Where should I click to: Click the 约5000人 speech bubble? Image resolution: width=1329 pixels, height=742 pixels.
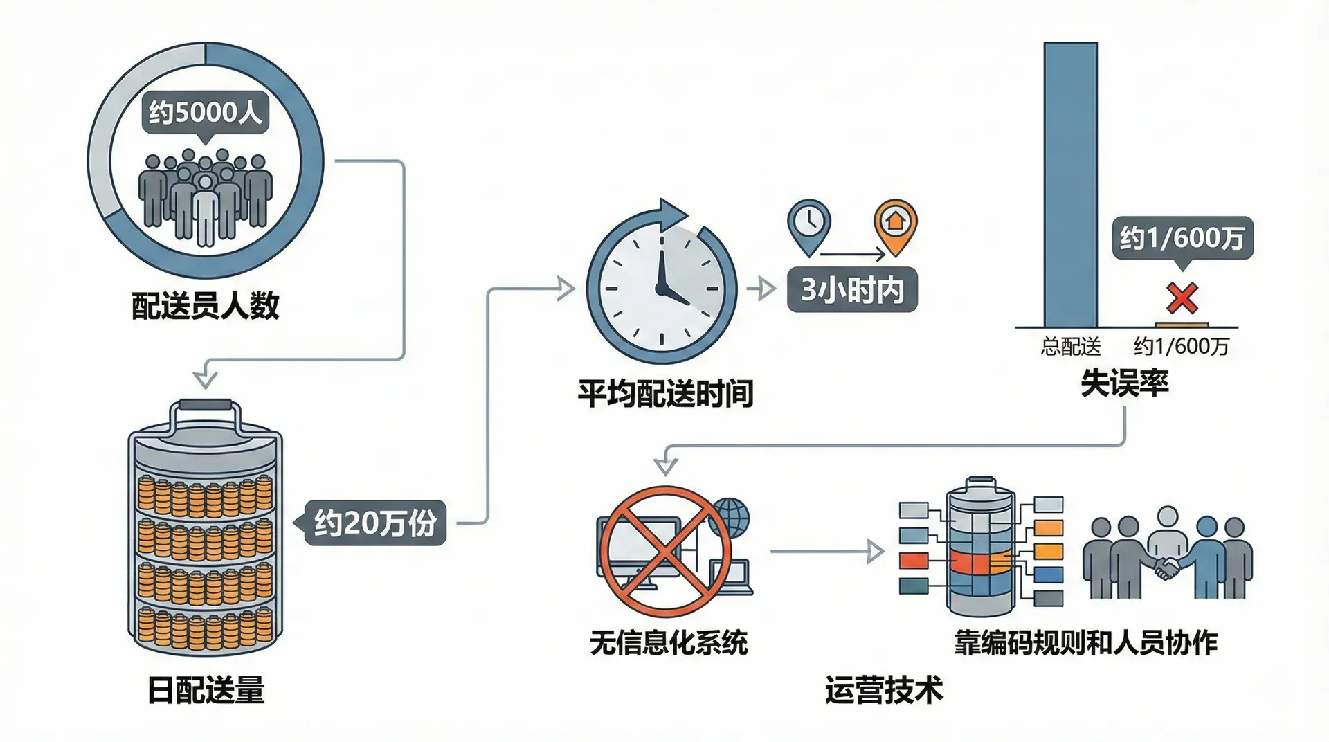click(206, 111)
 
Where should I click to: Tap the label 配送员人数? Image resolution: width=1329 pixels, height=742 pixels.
click(206, 305)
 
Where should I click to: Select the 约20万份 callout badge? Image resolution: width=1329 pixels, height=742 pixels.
click(375, 523)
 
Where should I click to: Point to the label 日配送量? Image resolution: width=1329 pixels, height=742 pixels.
click(206, 690)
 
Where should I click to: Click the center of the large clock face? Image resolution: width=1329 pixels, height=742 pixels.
click(661, 288)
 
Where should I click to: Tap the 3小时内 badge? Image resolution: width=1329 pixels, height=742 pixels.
click(852, 289)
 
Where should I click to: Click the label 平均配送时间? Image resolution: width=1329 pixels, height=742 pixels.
click(665, 394)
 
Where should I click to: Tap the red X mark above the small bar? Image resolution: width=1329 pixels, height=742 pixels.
click(1182, 298)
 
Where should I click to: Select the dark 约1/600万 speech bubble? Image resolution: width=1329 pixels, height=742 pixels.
click(1182, 239)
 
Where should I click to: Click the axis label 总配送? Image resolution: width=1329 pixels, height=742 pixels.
click(1070, 346)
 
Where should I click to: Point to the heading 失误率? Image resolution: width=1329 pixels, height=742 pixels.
click(1124, 383)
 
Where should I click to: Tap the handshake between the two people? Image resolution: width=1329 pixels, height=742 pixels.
click(1167, 568)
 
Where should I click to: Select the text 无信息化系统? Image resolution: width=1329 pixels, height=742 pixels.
click(669, 643)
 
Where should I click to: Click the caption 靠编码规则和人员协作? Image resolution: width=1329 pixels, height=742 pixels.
click(1085, 643)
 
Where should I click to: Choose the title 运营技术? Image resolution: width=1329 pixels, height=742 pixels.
click(884, 690)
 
